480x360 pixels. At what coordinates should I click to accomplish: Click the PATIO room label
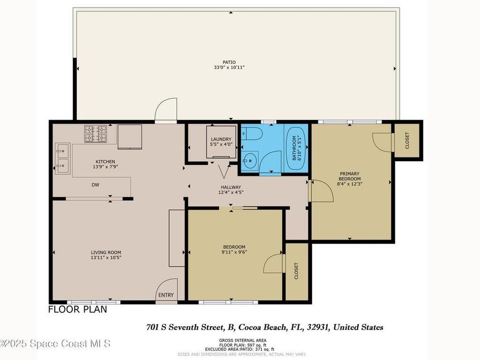pos(229,62)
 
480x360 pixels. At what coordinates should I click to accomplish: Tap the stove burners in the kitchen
pos(96,134)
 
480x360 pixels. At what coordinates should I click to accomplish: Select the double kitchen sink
pos(62,159)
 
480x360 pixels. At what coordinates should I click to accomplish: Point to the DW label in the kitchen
pos(95,185)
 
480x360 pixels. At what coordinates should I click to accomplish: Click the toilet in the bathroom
pos(252,134)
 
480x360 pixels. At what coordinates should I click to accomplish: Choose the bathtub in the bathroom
pos(296,148)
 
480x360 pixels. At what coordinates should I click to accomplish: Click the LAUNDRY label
pos(221,139)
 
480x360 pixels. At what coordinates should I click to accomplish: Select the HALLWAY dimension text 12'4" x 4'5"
pos(231,192)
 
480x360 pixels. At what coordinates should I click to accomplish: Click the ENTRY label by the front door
pos(166,295)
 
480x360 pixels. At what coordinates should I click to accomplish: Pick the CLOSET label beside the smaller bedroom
pos(296,270)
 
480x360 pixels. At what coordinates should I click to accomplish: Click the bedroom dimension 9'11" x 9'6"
pos(234,252)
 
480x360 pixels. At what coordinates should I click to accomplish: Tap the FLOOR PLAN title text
pos(78,309)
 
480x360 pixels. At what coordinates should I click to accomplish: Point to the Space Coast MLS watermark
pos(55,344)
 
